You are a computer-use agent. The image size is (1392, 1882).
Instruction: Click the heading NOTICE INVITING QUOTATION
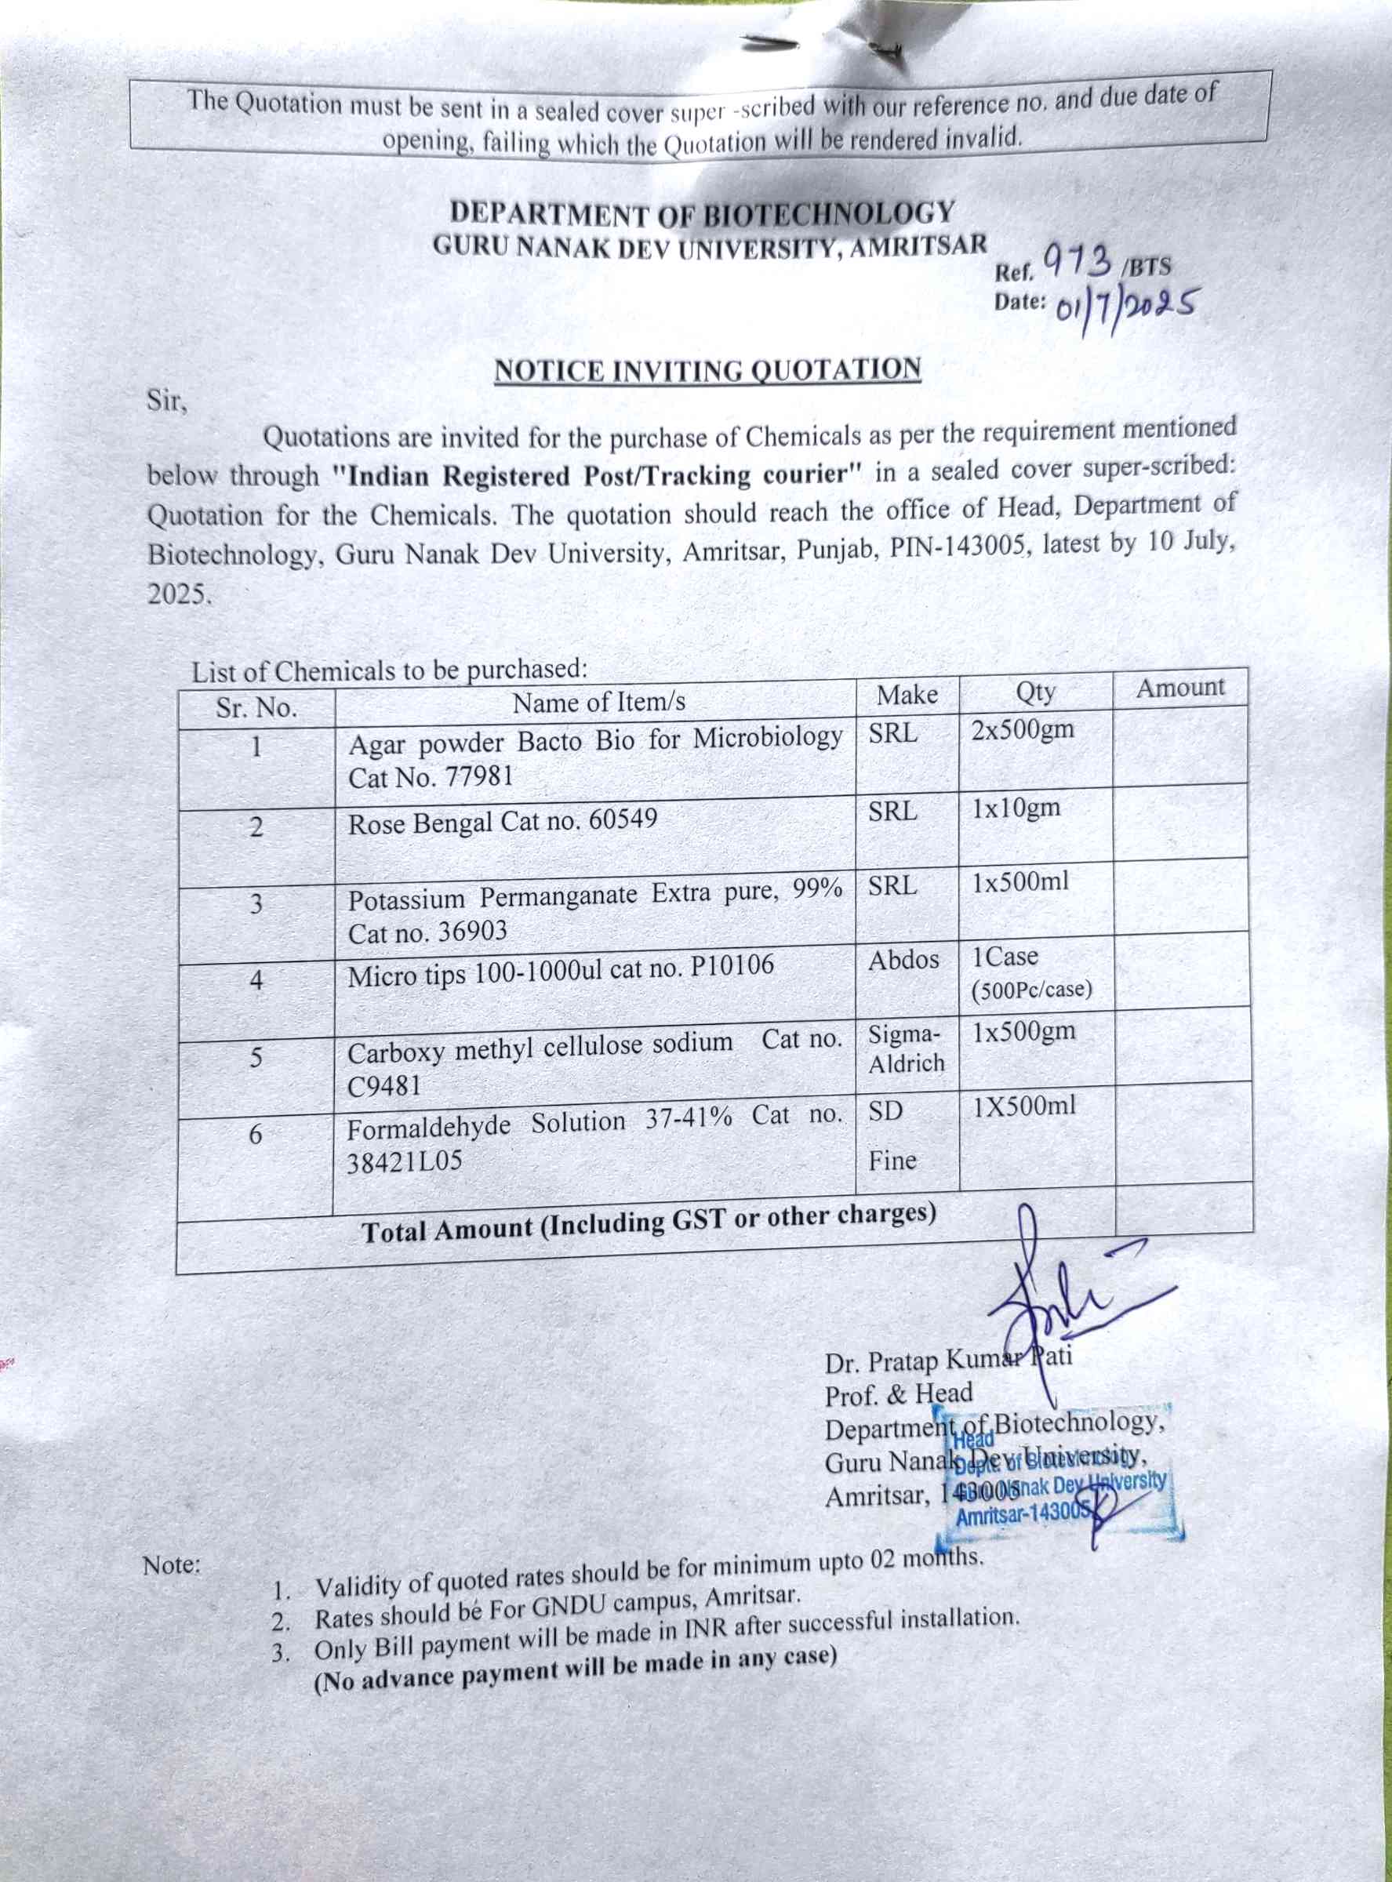[707, 371]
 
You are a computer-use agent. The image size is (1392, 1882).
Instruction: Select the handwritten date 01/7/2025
[1125, 307]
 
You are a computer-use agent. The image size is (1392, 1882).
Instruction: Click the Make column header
[907, 695]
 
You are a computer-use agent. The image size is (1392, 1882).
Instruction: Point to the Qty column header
[1034, 692]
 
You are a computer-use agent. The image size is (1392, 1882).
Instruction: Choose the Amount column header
[1179, 688]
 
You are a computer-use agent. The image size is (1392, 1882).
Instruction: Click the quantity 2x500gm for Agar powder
[1022, 728]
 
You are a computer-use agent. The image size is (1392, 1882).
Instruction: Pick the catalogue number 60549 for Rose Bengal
[623, 818]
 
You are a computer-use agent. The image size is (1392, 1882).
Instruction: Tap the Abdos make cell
[903, 960]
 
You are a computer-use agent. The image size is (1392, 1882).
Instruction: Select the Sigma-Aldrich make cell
[906, 1048]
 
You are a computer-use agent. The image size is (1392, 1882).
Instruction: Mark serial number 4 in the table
[256, 979]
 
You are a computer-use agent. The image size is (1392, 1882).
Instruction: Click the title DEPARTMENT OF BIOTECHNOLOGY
[702, 214]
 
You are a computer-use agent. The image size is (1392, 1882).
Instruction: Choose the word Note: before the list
[172, 1564]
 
